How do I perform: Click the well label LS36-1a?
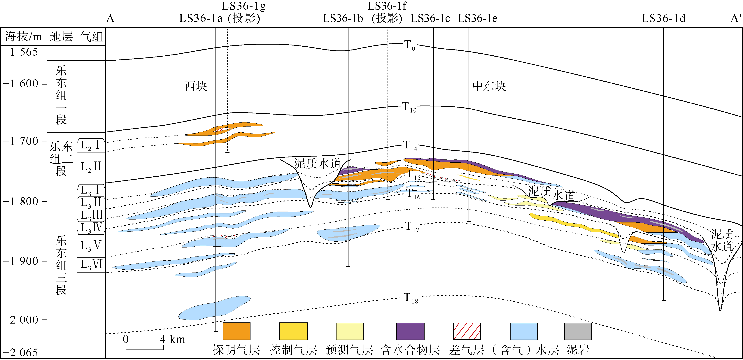click(x=201, y=18)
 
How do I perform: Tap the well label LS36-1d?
click(x=663, y=18)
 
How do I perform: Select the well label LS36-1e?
click(x=477, y=18)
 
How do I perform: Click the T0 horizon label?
click(x=409, y=45)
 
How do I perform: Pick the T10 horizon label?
click(x=409, y=107)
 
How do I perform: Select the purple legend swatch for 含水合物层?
click(x=410, y=331)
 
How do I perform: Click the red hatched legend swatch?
click(x=467, y=331)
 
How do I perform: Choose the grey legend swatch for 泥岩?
click(x=578, y=331)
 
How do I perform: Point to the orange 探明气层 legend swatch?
click(x=236, y=331)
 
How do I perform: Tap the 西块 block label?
click(x=196, y=86)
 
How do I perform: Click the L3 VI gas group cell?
click(x=91, y=264)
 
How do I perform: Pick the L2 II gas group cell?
click(x=91, y=167)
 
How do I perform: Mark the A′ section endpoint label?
click(x=736, y=18)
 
